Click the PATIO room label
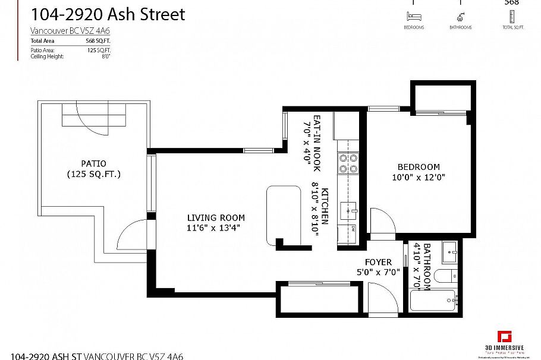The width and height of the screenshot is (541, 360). click(94, 163)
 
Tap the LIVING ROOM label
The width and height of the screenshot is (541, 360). click(216, 217)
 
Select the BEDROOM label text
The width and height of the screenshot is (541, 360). click(419, 167)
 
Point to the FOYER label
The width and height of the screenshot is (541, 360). click(378, 262)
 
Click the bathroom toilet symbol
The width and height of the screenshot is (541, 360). click(445, 276)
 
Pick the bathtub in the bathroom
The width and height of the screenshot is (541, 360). click(433, 301)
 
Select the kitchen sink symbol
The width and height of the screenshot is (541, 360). click(348, 209)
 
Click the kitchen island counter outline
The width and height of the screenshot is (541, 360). click(284, 214)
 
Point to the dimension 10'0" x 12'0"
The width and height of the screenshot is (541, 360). click(419, 177)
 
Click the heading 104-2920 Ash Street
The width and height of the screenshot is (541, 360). click(108, 14)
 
